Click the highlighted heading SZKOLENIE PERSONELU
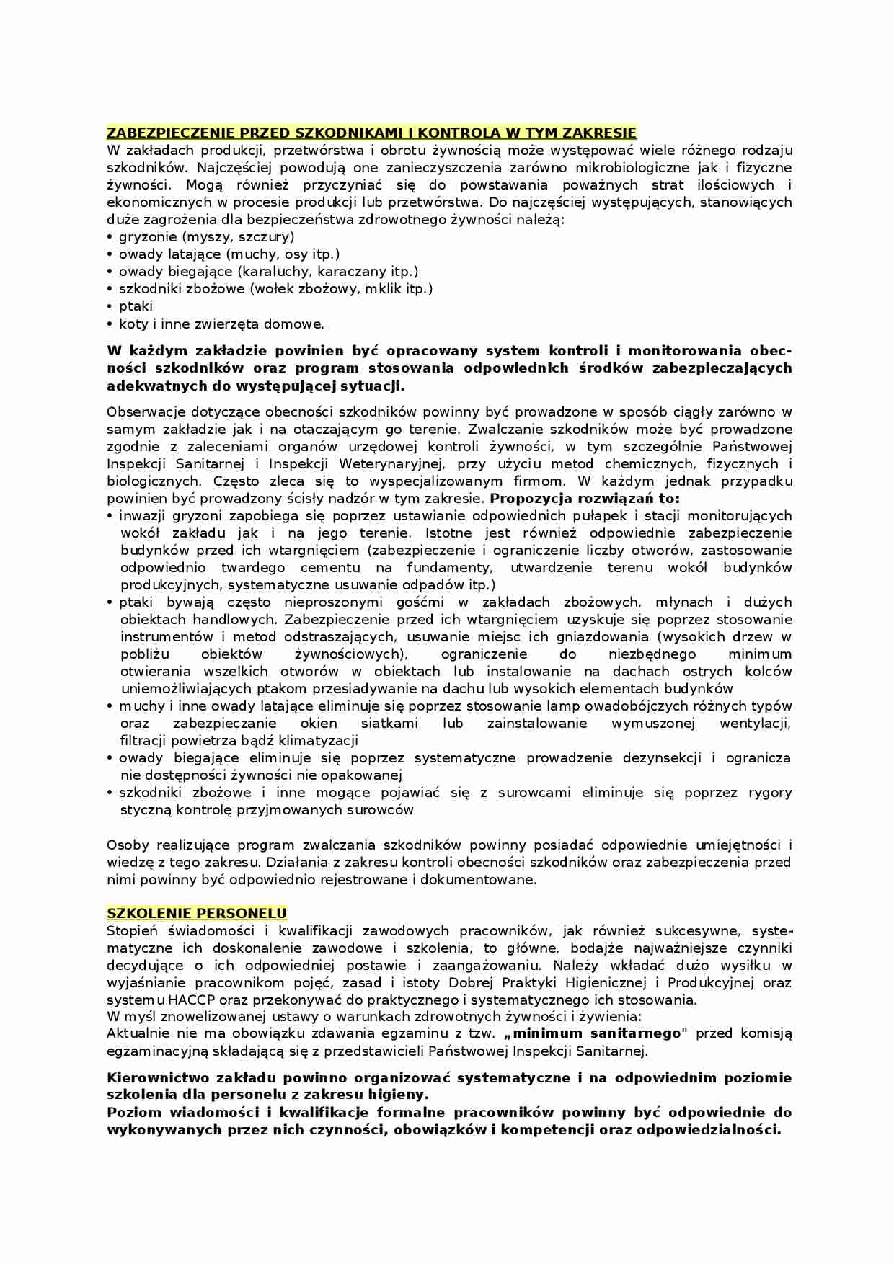[x=197, y=914]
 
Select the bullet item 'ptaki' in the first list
[x=136, y=306]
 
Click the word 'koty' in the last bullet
[x=133, y=324]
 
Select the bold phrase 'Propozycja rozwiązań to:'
[x=585, y=499]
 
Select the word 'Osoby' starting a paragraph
[x=127, y=845]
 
